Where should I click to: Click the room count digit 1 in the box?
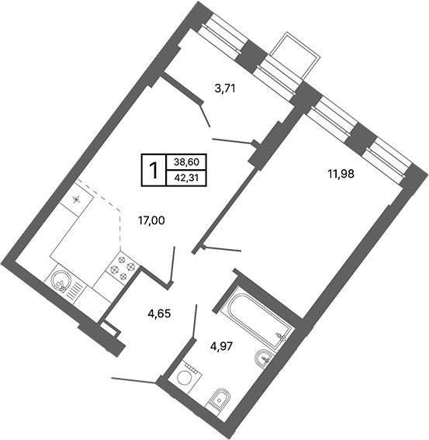coord(154,169)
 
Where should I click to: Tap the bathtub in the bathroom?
coord(251,319)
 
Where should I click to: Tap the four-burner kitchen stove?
coord(122,268)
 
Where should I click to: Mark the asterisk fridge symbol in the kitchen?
coord(76,199)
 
